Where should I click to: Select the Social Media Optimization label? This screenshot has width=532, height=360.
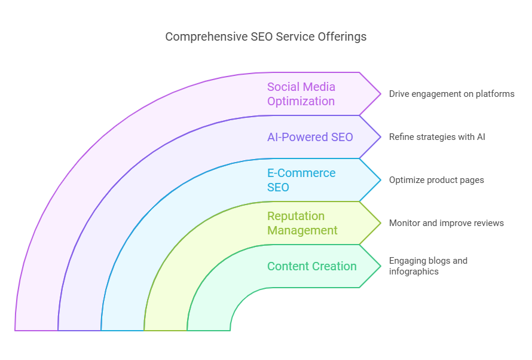301,94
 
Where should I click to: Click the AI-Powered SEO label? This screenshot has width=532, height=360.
310,137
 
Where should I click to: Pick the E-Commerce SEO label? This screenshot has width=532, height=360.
301,180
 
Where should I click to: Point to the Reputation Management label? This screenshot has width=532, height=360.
302,223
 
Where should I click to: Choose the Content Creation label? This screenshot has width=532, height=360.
311,266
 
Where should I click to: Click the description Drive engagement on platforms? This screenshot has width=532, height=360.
451,94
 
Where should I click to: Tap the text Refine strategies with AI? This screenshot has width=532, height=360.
437,137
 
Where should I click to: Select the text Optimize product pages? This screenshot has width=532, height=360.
436,180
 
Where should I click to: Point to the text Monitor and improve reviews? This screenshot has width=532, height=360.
446,223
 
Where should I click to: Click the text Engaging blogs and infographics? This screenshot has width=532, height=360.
428,266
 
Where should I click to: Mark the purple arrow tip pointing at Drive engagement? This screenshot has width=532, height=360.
379,94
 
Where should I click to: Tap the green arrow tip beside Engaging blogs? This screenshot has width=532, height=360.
379,266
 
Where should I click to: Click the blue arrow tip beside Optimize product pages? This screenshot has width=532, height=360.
379,180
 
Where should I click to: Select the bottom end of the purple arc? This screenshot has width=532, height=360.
36,329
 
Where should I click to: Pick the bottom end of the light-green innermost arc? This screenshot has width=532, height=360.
209,329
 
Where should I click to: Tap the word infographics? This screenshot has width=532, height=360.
414,271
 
